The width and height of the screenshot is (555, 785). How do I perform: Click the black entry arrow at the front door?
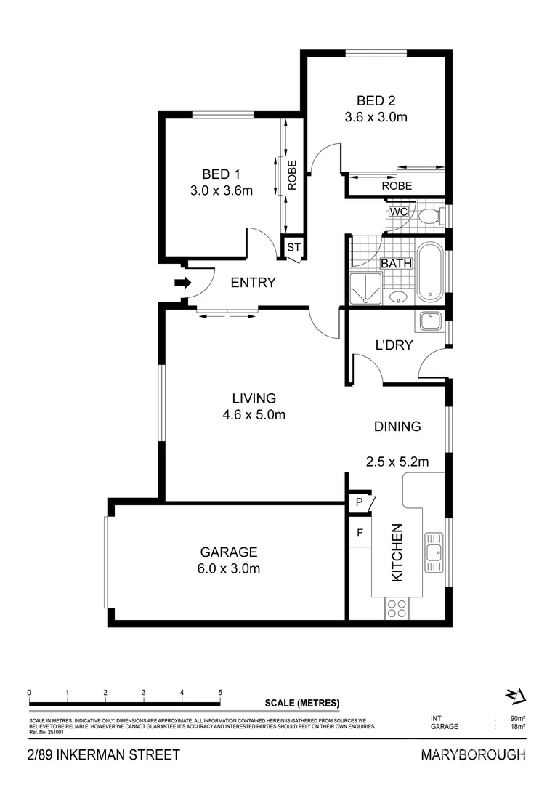tap(182, 283)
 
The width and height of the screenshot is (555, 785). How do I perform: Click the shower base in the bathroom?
tap(362, 289)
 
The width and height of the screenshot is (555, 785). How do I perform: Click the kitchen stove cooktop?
tap(397, 608)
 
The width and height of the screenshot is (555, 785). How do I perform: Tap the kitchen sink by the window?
tap(434, 552)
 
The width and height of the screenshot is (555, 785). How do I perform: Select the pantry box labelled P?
tap(359, 502)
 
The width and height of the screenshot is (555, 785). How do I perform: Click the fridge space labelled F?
tap(359, 533)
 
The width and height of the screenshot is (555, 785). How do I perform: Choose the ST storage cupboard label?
tap(293, 247)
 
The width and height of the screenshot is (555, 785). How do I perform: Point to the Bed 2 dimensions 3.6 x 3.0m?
tap(376, 116)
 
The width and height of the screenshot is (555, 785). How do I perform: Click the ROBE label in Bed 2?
tap(397, 186)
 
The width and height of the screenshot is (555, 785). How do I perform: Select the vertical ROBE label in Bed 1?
tap(292, 175)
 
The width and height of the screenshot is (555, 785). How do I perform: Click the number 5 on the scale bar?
tap(220, 692)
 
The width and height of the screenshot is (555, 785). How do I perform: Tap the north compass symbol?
tap(515, 696)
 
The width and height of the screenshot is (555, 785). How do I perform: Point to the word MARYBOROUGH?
tap(473, 755)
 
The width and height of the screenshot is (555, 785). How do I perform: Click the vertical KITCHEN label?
tap(397, 552)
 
